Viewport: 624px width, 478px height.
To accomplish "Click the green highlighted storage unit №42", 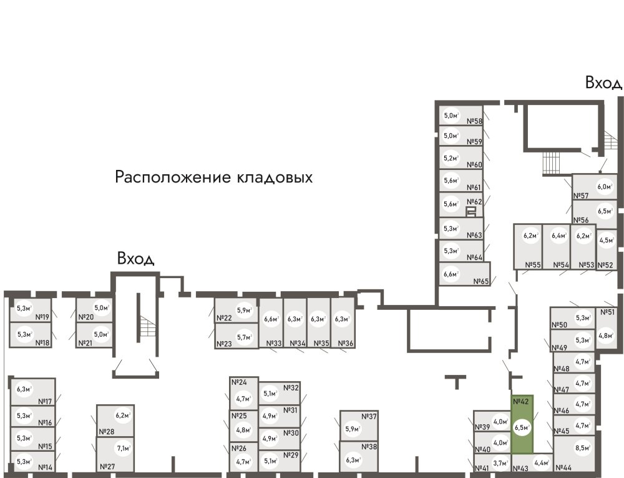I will pos(522,424).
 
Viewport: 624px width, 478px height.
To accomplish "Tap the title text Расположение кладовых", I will pos(213,177).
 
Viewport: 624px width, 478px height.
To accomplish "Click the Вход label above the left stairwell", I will pos(135,258).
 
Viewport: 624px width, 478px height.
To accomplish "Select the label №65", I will pos(480,281).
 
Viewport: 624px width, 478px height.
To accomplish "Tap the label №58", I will pos(475,122).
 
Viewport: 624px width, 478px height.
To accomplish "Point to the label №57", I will pos(581,196).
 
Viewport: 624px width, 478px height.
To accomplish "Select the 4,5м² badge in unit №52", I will pos(605,240).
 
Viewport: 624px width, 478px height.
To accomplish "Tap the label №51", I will pos(607,312).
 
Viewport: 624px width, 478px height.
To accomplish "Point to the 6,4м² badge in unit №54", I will pos(558,236).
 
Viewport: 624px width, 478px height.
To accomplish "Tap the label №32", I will pos(291,387).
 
